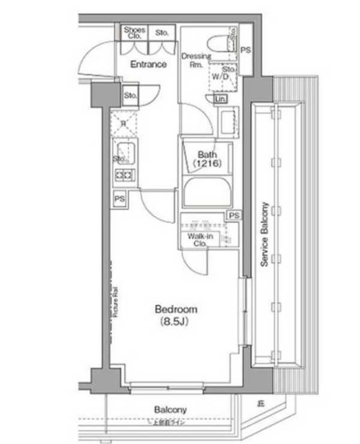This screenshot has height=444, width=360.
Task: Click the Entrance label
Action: click(x=148, y=64)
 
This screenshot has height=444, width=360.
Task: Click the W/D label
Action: click(x=218, y=77)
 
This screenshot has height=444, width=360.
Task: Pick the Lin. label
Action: click(x=220, y=98)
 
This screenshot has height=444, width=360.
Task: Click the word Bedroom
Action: click(x=176, y=309)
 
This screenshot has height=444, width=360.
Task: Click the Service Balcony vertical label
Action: click(x=264, y=234)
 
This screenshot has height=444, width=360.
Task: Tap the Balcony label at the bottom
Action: click(x=171, y=410)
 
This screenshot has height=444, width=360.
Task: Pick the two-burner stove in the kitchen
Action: click(x=125, y=175)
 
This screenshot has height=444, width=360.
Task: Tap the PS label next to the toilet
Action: click(x=245, y=50)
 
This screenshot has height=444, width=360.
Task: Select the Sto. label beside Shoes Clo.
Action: click(x=162, y=33)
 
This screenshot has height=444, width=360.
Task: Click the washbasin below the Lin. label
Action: click(x=228, y=123)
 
